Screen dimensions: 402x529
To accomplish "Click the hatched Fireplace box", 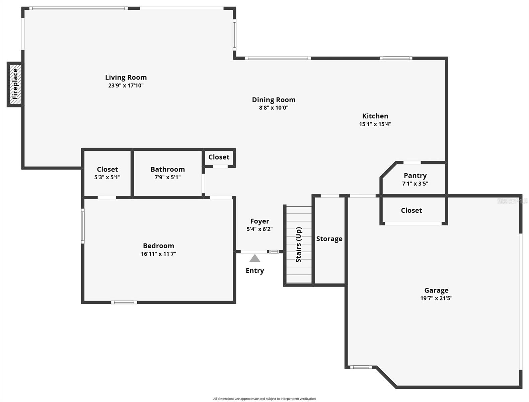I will pos(15,84).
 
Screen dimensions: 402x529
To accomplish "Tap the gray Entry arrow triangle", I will pos(255,258).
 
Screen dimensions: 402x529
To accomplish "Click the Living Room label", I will pos(126,77).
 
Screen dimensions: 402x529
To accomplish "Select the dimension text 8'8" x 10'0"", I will pos(274,108).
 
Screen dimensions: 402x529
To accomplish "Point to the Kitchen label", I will pos(375,116).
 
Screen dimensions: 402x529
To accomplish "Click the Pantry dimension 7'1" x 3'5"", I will pos(415,184).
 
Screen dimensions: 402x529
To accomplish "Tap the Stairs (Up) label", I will pos(299,245).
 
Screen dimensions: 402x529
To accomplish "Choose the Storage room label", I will pos(329,239).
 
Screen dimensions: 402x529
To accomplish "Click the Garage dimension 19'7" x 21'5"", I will pos(436,298).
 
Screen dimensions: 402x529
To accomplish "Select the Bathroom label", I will pos(167,169).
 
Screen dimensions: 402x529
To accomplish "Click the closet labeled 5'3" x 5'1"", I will pos(107,173).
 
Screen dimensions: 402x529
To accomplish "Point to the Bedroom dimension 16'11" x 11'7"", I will pos(158,254).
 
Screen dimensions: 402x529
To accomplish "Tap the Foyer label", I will pos(259,221).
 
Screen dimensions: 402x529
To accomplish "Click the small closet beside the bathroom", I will pos(219,157).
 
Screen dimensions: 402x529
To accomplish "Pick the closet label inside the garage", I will pos(411,210).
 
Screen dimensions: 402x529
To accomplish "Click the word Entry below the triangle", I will pos(255,271).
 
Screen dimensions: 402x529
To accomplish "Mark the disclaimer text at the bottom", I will pos(264,399).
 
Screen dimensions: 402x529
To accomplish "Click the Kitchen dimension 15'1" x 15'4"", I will pos(375,124).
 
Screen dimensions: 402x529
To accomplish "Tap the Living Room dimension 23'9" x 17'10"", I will pos(126,85).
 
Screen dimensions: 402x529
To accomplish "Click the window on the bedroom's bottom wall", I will pos(124,303).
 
